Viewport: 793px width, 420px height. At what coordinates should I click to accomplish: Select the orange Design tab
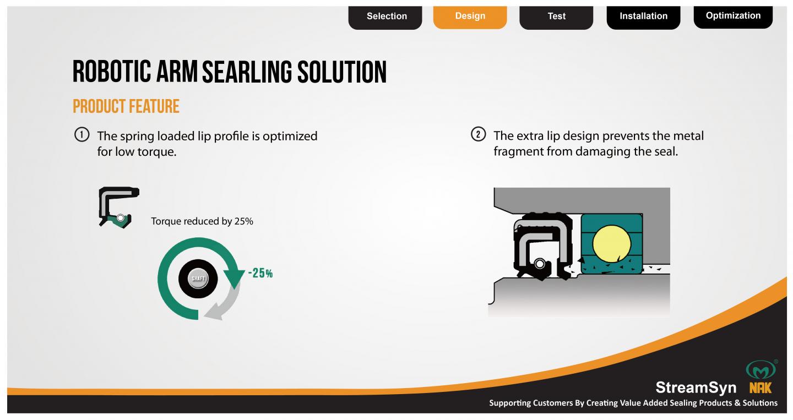[470, 17]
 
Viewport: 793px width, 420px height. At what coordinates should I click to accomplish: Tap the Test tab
[556, 17]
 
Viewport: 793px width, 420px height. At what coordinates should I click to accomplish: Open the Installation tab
[643, 17]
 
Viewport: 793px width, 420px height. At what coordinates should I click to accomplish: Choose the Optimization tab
[733, 17]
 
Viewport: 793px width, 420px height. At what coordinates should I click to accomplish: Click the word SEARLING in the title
[247, 72]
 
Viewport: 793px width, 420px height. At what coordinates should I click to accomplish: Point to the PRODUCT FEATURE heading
[126, 106]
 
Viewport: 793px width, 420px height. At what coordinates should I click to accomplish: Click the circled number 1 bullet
[82, 135]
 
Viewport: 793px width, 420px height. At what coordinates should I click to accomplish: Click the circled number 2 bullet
[478, 134]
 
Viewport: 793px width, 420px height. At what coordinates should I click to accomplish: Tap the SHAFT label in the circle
[198, 279]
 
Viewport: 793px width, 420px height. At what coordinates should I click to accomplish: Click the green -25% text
[260, 273]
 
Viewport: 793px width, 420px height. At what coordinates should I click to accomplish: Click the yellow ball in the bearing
[611, 244]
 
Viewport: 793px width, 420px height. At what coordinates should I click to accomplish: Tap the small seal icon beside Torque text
[119, 208]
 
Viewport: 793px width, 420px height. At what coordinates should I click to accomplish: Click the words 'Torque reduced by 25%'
[202, 221]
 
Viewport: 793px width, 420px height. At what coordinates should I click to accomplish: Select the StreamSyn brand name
[696, 388]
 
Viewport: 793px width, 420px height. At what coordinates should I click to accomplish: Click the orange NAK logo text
[760, 388]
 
